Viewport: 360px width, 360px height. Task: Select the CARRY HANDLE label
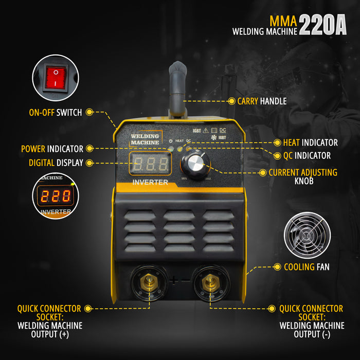pos(262,101)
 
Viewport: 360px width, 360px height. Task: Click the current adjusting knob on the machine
pos(195,165)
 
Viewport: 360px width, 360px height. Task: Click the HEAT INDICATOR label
pos(310,142)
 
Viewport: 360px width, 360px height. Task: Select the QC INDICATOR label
pos(307,155)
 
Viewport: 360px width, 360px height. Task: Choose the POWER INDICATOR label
pos(52,149)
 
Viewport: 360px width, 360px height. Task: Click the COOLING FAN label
pos(307,267)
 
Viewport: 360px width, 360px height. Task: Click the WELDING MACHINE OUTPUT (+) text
pos(49,330)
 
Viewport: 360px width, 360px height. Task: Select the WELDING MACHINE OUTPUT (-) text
pos(312,330)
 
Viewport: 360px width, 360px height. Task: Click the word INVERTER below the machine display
pos(150,182)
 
